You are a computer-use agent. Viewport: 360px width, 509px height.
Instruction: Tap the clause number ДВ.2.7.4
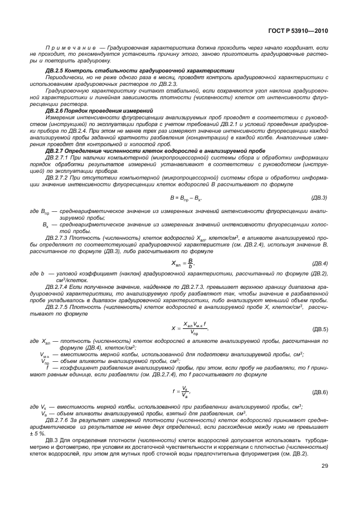(59, 285)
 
